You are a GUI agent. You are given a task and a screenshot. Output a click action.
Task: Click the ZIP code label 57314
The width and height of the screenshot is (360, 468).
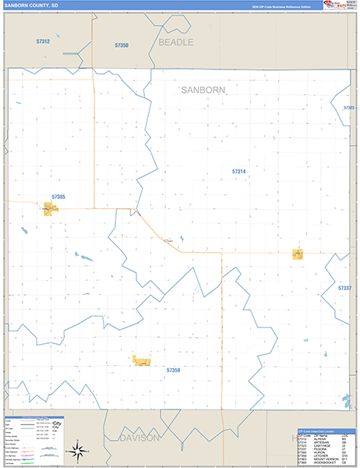(238, 171)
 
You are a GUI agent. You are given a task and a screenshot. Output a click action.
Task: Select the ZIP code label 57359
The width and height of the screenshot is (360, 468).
(173, 370)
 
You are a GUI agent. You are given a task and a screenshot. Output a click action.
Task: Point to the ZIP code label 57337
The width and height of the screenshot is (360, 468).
(345, 288)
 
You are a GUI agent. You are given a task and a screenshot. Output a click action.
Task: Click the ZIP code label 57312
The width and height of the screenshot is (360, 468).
(43, 41)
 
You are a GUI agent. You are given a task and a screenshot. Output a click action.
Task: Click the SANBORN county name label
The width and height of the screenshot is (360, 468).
(203, 90)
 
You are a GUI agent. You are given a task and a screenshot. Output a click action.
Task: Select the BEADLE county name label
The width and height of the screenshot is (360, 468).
(175, 42)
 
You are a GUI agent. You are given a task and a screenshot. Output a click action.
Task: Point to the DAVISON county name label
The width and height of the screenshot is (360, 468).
(139, 438)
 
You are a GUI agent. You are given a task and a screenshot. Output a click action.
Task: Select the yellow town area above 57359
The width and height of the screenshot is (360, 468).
(142, 360)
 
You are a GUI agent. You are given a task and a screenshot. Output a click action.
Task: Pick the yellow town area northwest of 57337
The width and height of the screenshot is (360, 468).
(298, 253)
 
